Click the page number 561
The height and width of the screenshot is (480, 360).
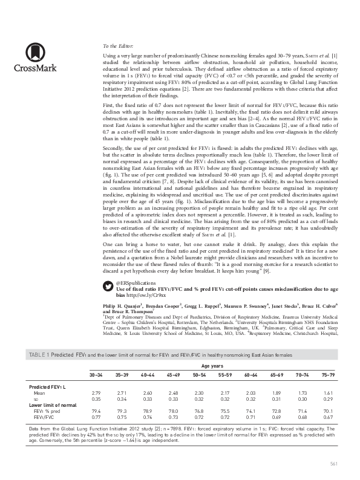tap(332, 464)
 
